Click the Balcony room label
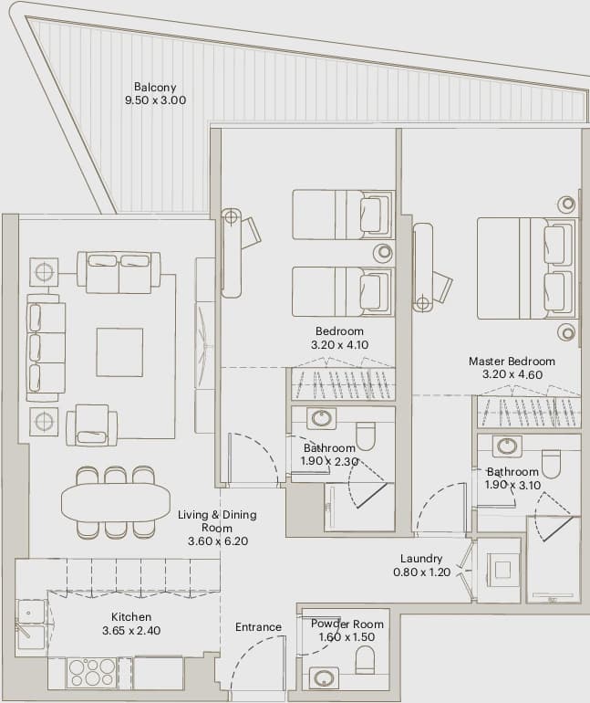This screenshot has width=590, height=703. click(155, 87)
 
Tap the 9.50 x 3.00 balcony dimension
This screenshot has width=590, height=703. click(155, 100)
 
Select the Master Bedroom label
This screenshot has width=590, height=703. click(512, 361)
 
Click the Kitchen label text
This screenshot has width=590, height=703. click(131, 617)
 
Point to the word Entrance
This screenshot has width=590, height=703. click(258, 627)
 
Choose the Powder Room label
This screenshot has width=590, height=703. click(347, 624)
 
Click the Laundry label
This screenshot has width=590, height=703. click(421, 559)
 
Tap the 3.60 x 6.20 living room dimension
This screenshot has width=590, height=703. click(218, 541)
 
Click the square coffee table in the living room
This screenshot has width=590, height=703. click(119, 351)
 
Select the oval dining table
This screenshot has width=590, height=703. click(116, 501)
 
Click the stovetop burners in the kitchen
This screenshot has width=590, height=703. click(91, 673)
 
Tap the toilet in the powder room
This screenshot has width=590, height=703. click(366, 659)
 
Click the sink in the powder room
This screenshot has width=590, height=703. click(324, 677)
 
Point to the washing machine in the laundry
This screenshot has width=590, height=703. click(502, 570)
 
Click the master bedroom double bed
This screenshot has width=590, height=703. click(526, 268)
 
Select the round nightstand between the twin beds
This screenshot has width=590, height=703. click(384, 252)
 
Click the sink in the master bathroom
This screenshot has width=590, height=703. click(507, 446)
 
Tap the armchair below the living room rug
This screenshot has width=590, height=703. click(92, 425)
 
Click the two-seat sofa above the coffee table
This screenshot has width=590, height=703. click(119, 273)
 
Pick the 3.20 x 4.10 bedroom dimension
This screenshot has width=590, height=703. click(340, 345)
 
